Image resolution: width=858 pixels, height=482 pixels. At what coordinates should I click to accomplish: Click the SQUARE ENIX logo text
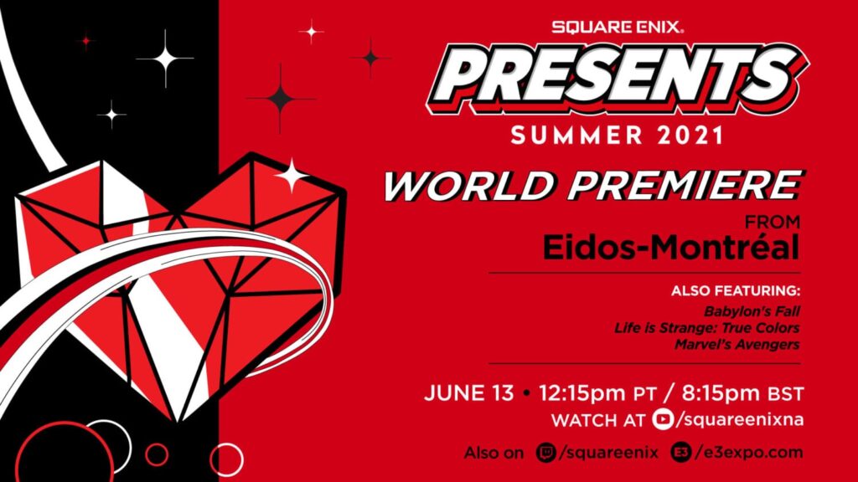tap(618, 26)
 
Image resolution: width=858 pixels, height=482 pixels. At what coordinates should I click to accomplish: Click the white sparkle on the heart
tap(291, 174)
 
